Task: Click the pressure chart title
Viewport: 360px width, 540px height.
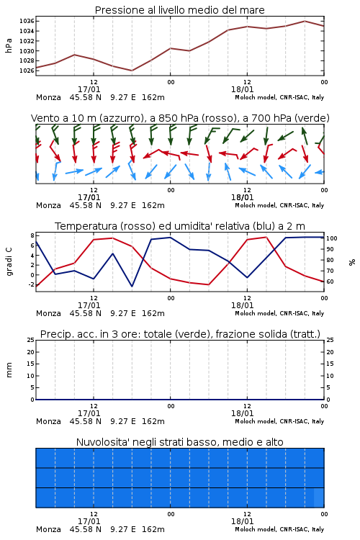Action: [x=179, y=10]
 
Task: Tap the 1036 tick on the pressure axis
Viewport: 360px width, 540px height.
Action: [x=27, y=22]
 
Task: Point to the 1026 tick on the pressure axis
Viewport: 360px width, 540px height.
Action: [x=27, y=71]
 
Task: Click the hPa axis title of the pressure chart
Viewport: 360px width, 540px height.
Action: [x=9, y=45]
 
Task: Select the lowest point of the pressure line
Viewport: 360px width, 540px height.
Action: [x=132, y=71]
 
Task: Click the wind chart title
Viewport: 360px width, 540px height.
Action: [x=180, y=118]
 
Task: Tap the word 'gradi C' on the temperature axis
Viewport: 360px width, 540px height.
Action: [x=9, y=262]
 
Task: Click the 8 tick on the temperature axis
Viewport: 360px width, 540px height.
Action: [x=32, y=235]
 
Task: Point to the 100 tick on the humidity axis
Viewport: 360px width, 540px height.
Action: [x=332, y=238]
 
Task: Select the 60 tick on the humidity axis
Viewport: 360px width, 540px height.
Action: [x=330, y=282]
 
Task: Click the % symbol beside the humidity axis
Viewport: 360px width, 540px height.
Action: [x=352, y=262]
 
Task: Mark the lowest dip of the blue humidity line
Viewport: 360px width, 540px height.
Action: [x=132, y=286]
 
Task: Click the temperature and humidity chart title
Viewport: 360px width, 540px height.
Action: [x=180, y=226]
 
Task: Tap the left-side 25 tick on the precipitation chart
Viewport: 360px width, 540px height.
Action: [x=31, y=340]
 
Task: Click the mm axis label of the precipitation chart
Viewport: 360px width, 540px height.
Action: [x=9, y=370]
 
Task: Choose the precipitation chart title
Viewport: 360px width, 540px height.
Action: [x=180, y=334]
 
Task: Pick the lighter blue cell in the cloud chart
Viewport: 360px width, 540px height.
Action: [x=319, y=498]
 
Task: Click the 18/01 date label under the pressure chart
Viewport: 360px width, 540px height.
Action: [x=242, y=89]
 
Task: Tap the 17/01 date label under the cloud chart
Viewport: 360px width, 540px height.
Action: [x=89, y=521]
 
